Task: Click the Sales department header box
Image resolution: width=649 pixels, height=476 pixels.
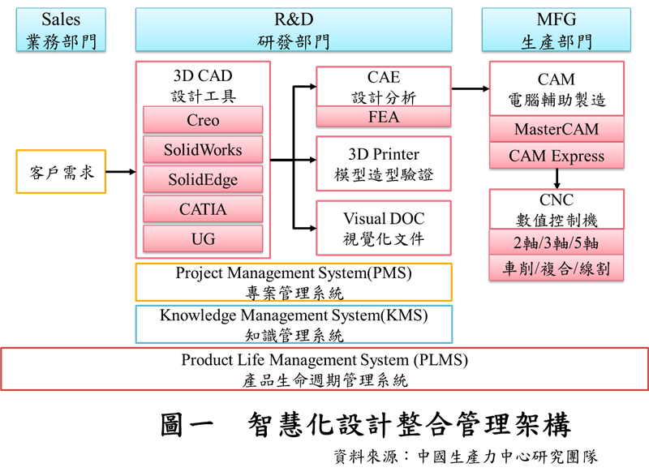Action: pyautogui.click(x=61, y=29)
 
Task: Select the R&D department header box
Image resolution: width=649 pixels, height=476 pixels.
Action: pyautogui.click(x=294, y=29)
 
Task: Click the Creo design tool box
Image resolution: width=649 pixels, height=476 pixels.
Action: pyautogui.click(x=203, y=120)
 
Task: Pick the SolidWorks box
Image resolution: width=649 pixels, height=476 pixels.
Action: pyautogui.click(x=203, y=150)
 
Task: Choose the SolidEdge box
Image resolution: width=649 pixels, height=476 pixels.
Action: pyautogui.click(x=203, y=180)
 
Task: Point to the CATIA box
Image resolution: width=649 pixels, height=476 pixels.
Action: pyautogui.click(x=203, y=209)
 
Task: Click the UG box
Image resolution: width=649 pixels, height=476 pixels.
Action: pyautogui.click(x=203, y=239)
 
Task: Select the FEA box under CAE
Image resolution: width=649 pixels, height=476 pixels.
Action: pyautogui.click(x=383, y=117)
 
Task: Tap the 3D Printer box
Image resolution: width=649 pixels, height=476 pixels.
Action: pyautogui.click(x=383, y=164)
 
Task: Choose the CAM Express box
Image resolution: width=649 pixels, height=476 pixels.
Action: pyautogui.click(x=556, y=156)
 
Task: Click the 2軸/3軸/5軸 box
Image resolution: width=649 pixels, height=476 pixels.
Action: pyautogui.click(x=556, y=242)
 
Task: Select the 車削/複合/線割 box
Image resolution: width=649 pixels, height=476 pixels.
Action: pyautogui.click(x=556, y=268)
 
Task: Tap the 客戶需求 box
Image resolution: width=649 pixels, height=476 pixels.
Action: pyautogui.click(x=61, y=172)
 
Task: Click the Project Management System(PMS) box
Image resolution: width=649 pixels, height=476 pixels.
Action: pyautogui.click(x=294, y=282)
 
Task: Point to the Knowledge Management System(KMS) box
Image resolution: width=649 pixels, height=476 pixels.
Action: pyautogui.click(x=294, y=324)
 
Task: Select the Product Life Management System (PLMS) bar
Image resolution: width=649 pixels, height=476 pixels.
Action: pyautogui.click(x=324, y=369)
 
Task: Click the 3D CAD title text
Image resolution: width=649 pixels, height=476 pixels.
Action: pyautogui.click(x=203, y=76)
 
